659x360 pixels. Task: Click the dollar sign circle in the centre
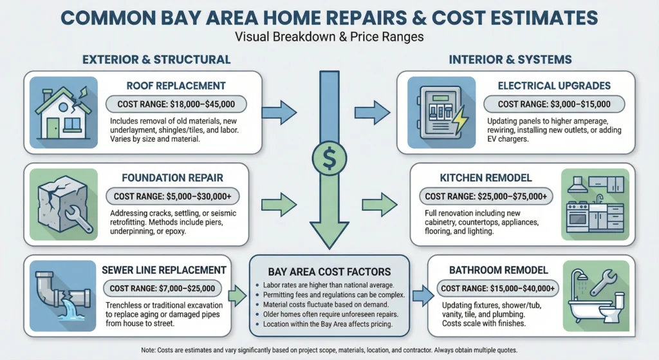tap(329, 157)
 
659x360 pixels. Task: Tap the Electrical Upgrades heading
tap(554, 85)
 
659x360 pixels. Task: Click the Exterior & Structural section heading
tap(156, 60)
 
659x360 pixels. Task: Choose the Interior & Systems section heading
tap(510, 60)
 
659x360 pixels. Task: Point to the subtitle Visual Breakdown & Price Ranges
tap(329, 37)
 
